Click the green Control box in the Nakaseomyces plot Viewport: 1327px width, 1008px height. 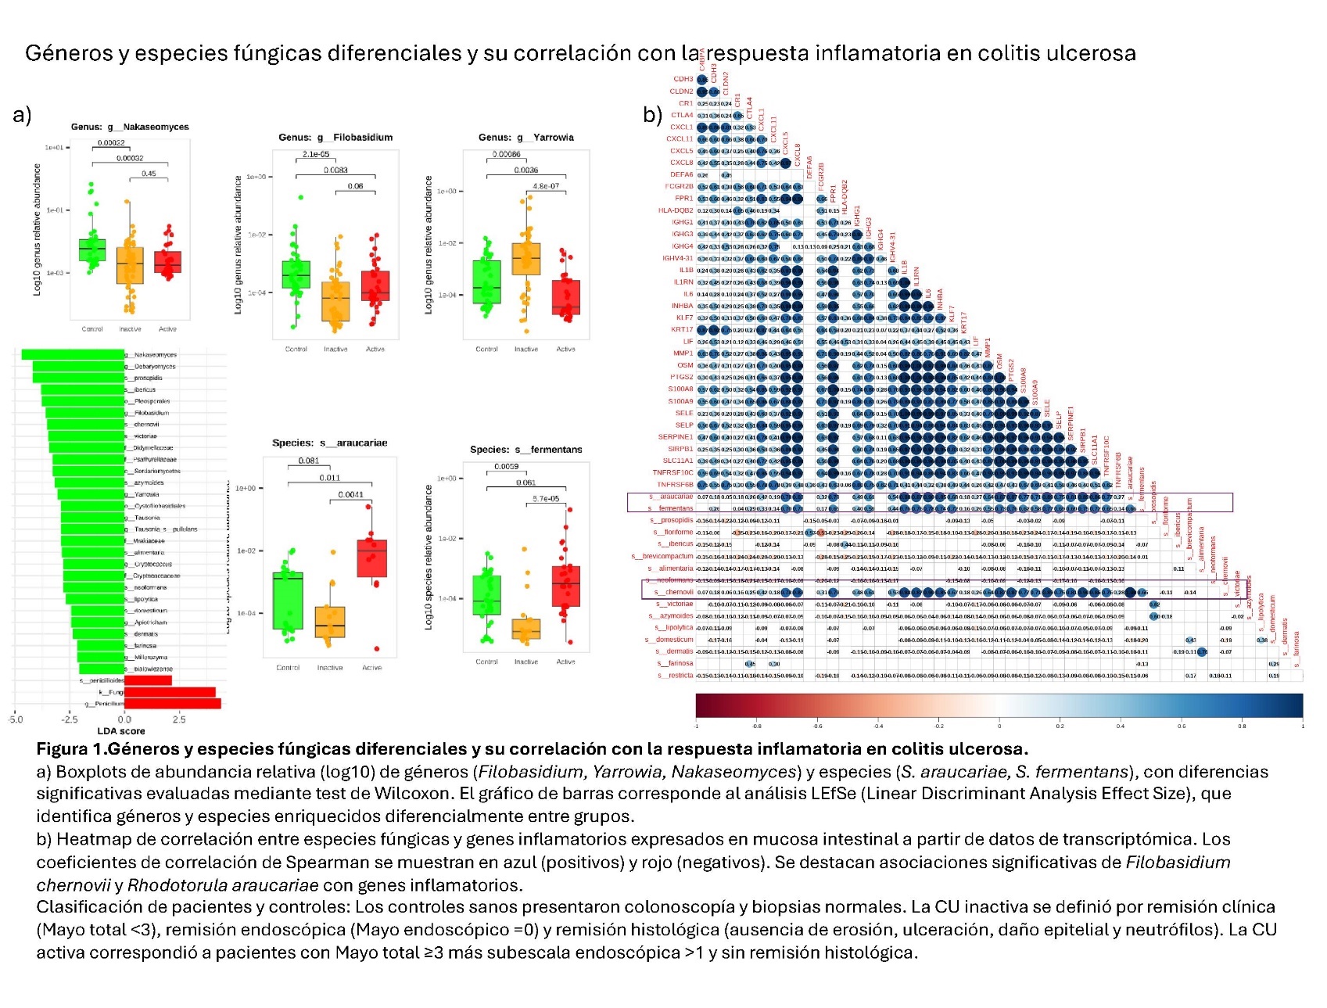tap(92, 250)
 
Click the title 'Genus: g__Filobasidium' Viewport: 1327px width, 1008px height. tap(335, 138)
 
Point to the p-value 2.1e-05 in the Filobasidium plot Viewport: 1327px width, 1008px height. tap(316, 154)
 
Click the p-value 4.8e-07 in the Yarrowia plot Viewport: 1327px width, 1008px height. tap(546, 186)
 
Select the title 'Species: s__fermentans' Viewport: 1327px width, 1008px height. tap(525, 450)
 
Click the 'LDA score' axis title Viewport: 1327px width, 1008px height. tap(121, 731)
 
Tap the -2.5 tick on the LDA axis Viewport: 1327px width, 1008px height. tap(70, 719)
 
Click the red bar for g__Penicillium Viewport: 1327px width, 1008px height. tap(173, 704)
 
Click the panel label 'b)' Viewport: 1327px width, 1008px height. tap(653, 115)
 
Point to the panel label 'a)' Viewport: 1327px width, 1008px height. tap(22, 115)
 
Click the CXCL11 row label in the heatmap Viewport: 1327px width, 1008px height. tap(680, 139)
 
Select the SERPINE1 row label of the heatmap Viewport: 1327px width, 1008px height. tap(675, 437)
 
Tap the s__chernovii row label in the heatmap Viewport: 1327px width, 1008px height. tap(673, 592)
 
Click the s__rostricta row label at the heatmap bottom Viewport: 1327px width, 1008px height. tap(675, 675)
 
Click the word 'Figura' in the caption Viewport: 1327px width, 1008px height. tap(62, 749)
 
